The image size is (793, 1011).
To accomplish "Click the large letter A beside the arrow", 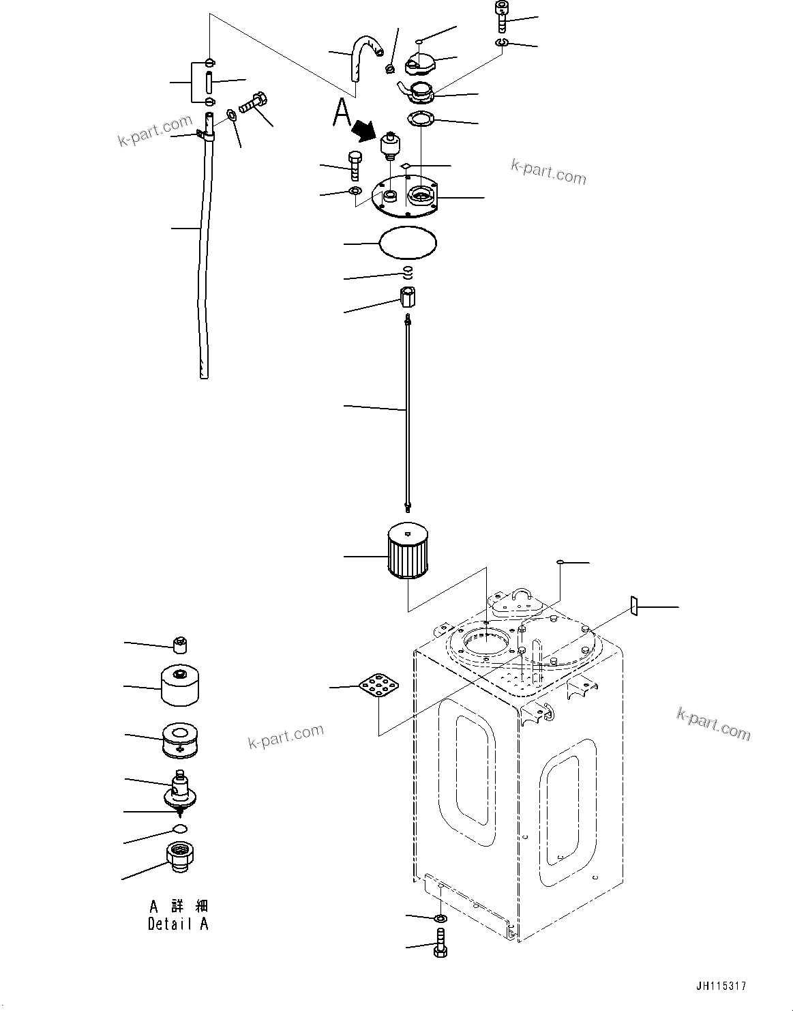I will (342, 113).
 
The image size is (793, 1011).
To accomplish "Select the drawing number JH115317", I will (721, 986).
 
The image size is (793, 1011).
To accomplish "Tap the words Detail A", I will (178, 924).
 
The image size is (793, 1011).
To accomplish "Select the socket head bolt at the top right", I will (501, 18).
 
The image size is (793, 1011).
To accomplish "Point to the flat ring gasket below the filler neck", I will (421, 119).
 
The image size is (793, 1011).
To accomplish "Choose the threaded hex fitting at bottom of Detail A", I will (181, 858).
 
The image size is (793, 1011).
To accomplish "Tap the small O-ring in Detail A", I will (179, 829).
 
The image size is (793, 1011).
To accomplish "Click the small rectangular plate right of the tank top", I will (633, 605).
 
